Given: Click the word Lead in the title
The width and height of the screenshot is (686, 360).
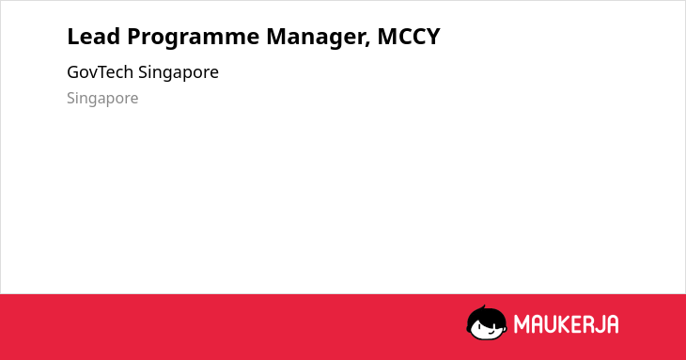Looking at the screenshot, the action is coord(94,37).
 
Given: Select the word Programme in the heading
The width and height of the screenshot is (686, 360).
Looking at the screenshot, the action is coord(194,38).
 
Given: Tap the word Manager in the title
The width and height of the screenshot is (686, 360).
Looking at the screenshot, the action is coord(316,38).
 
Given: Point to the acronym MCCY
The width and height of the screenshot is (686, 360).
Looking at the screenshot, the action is coord(409,37).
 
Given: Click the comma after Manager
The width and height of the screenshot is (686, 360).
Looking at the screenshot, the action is coord(368,44).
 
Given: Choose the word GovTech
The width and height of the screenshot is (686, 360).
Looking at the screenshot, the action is coord(101,72).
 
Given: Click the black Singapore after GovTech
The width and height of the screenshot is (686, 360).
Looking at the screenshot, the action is coord(179,73).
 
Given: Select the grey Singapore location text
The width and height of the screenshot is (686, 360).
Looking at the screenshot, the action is coord(102,99).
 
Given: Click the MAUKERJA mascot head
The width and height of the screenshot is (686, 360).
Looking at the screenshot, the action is coord(487,322).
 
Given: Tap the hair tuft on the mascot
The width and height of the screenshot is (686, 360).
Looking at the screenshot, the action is coord(483,308).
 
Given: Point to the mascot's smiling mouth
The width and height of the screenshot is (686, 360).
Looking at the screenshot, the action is coord(491,332).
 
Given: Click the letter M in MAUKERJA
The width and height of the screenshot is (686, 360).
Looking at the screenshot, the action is coord(522,324).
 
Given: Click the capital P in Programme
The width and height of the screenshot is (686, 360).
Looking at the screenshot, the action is coord(133,37).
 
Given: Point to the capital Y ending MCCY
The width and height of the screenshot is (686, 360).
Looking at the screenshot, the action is coord(433,37).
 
